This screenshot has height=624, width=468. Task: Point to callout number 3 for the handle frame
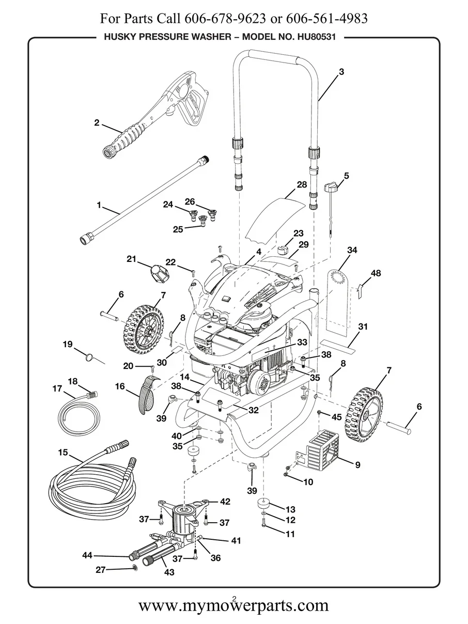(341, 72)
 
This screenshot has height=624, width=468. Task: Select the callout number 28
(302, 184)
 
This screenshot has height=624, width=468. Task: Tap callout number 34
(352, 250)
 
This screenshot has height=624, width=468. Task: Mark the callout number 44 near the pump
(87, 555)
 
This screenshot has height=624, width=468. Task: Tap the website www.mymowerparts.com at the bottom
(233, 605)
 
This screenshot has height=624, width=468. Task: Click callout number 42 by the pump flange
(225, 501)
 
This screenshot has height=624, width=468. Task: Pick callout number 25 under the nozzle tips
(178, 229)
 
